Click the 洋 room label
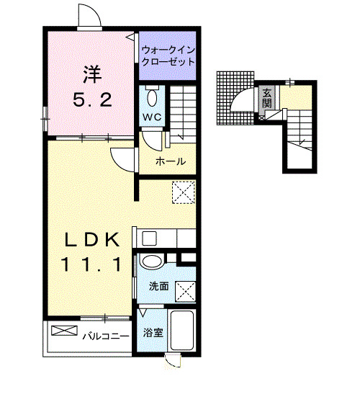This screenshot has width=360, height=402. [90, 73]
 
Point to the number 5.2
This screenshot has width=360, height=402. [91, 100]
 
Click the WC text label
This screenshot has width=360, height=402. [151, 117]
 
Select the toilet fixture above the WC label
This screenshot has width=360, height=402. [152, 98]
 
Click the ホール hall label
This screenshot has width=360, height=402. [171, 161]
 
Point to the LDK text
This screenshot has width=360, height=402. [89, 239]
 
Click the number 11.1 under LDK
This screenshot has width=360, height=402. [89, 265]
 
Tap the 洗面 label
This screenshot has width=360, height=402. [158, 287]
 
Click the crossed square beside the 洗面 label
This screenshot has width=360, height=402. [185, 290]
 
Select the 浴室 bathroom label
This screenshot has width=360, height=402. [153, 334]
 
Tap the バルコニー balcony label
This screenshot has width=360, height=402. [105, 336]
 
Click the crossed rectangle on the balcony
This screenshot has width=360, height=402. [63, 331]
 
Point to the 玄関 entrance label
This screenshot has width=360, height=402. [267, 97]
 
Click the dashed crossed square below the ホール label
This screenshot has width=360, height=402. [184, 192]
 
